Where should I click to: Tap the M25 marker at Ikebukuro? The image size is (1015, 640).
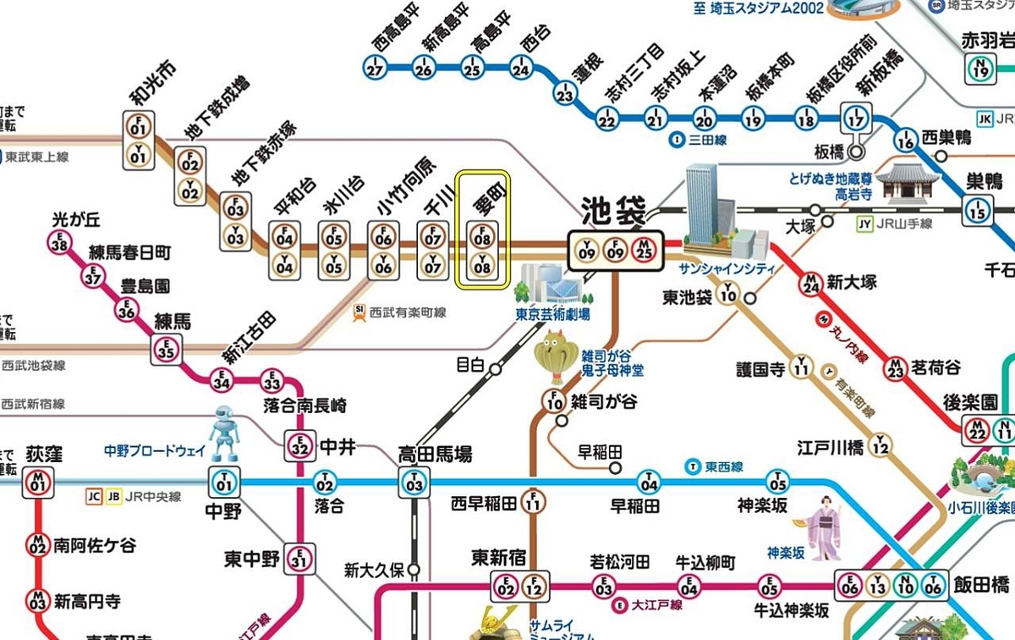click(644, 251)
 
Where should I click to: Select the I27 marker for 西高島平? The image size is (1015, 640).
click(376, 69)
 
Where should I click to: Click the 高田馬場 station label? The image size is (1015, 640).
click(435, 454)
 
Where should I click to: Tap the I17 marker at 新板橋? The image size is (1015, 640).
click(858, 117)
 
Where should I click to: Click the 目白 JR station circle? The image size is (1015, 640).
click(496, 367)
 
